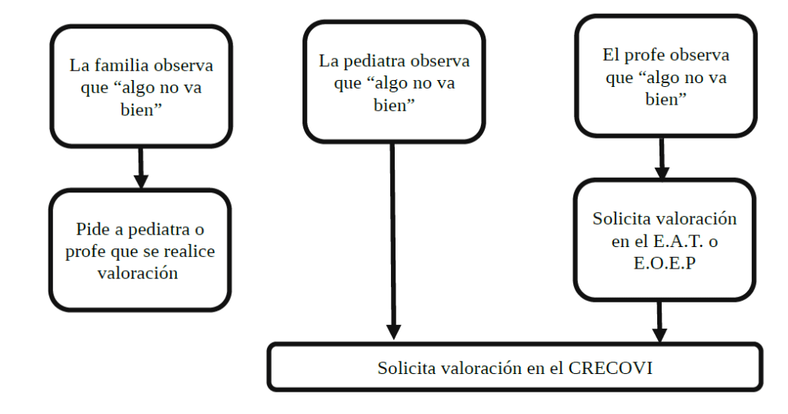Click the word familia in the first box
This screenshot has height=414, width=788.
(x=125, y=65)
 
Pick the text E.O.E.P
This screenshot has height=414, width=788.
(x=665, y=262)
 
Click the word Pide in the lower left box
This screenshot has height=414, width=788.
(x=91, y=229)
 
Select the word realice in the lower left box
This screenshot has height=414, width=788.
(x=190, y=251)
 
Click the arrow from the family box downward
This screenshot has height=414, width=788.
(x=140, y=167)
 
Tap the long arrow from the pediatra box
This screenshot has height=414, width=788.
(x=393, y=239)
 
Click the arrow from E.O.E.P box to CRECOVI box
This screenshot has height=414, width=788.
(x=659, y=321)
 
